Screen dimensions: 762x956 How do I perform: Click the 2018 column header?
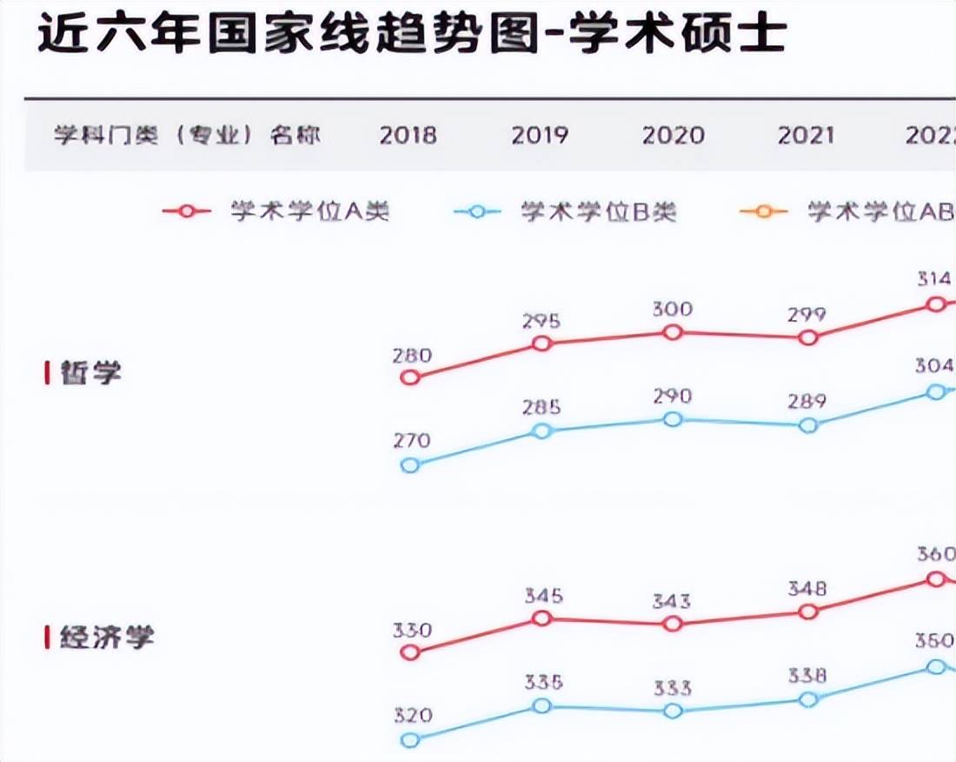408,136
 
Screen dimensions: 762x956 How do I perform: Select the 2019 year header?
539,136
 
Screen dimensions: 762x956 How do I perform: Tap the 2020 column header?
672,136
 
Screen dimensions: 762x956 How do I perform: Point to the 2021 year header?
806,136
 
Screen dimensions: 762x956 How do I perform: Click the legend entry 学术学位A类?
309,211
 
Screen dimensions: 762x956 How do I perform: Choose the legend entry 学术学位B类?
598,211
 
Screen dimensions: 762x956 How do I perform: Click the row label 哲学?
90,372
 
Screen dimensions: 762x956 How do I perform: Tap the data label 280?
411,355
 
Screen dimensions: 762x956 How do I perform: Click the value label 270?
411,441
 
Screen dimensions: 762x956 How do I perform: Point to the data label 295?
541,321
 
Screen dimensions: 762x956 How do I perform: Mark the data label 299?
807,315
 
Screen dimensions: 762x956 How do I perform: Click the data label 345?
543,597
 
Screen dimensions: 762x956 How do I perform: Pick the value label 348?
807,590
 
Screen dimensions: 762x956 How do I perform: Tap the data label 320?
411,717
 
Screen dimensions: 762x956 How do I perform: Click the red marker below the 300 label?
672,332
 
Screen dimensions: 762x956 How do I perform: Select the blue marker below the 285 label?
541,431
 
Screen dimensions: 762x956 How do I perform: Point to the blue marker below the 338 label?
808,699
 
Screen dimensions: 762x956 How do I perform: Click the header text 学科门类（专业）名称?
187,136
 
